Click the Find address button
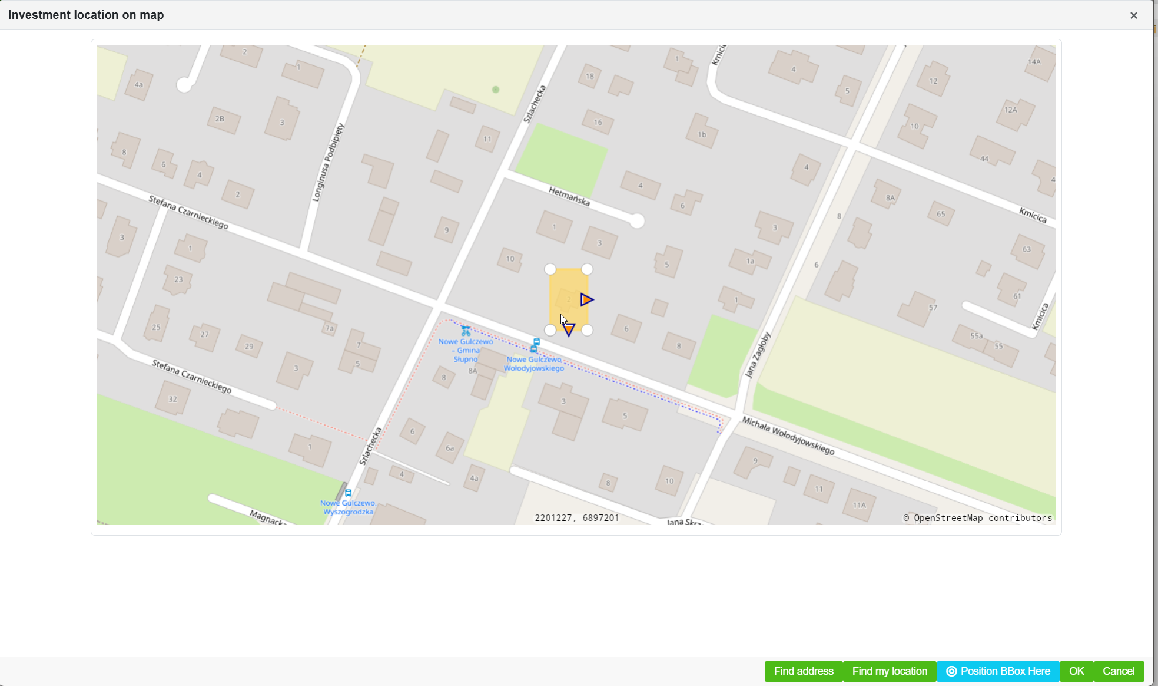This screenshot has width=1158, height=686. click(x=803, y=671)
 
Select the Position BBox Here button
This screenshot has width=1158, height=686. click(x=998, y=671)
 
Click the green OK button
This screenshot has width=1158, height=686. click(x=1076, y=671)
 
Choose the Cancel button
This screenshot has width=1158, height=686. click(x=1119, y=671)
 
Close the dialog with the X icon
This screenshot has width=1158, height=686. click(x=1133, y=15)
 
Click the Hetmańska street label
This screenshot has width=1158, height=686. click(x=569, y=196)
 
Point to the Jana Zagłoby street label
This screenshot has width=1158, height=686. click(x=758, y=354)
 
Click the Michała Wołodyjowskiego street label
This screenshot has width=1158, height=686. click(x=788, y=436)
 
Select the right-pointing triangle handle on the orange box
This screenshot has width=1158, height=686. click(x=586, y=300)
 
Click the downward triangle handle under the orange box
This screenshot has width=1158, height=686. click(x=569, y=330)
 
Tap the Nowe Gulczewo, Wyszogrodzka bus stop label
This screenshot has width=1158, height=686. click(x=348, y=507)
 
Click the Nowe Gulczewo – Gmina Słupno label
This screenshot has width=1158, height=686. click(x=466, y=350)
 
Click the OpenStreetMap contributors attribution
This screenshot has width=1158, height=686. click(x=977, y=518)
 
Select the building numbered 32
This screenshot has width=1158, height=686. click(x=172, y=399)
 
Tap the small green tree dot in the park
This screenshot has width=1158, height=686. click(x=496, y=90)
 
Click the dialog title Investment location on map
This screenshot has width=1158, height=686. click(x=86, y=15)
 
